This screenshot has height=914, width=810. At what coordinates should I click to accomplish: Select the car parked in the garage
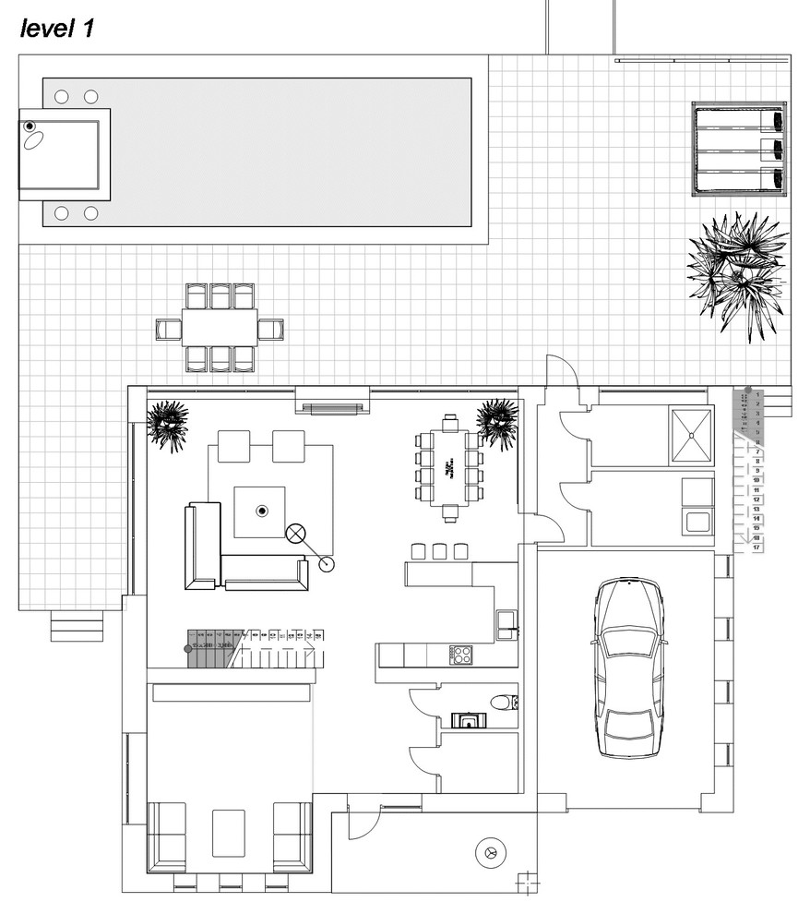coord(630,667)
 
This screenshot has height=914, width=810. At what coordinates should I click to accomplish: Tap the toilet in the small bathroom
coord(503,704)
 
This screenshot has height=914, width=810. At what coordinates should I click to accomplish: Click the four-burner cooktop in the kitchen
coord(461,655)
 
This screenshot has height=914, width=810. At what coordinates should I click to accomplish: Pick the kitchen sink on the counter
coord(506,624)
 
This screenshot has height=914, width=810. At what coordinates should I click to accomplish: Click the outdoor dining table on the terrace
coord(220,328)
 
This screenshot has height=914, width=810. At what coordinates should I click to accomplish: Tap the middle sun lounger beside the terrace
coord(738,149)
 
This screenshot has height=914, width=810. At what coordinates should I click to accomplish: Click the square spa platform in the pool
coord(65,154)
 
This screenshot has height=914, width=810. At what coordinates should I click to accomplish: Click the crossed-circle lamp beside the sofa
coord(297,534)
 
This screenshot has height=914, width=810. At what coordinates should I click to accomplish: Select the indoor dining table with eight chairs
coord(450,467)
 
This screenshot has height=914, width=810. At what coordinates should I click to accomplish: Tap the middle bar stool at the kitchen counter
coord(440,551)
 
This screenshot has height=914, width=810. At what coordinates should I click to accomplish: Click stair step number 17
coord(756,548)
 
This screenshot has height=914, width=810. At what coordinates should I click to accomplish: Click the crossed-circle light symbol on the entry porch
coord(491,852)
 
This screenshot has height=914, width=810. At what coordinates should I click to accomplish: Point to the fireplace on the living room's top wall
coord(333,407)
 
